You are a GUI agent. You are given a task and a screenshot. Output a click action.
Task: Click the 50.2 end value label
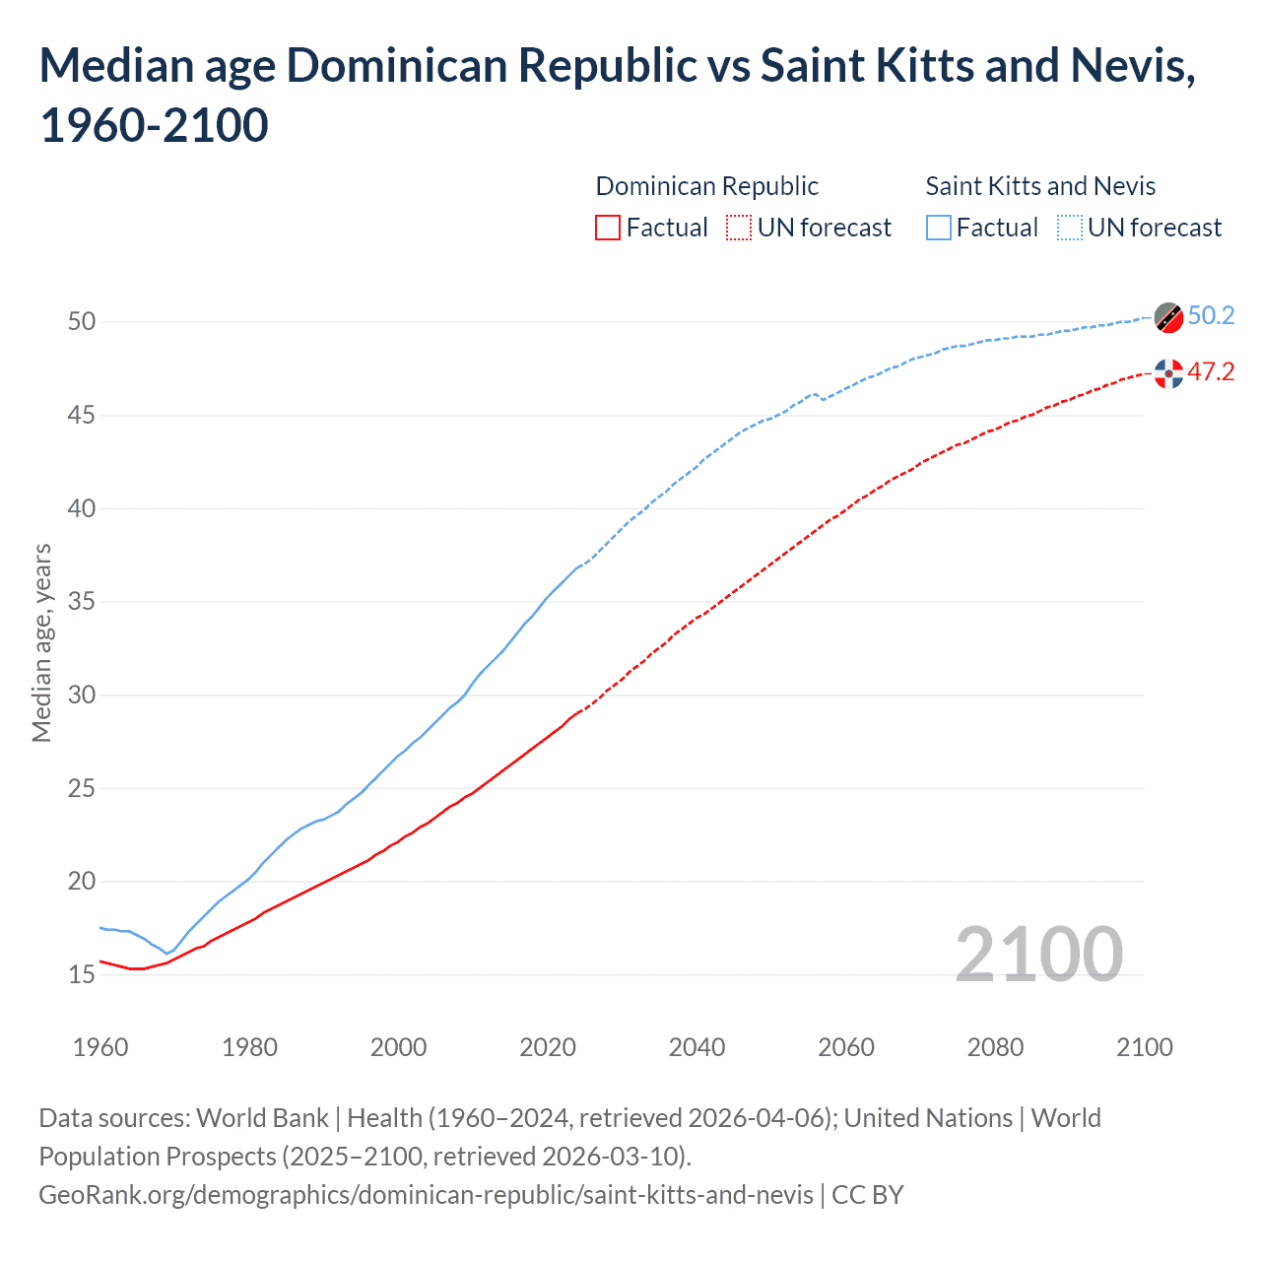tap(1211, 315)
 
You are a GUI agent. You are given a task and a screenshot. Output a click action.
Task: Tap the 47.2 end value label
tap(1211, 371)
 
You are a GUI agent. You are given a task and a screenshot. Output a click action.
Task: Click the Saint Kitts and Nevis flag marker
tap(1168, 317)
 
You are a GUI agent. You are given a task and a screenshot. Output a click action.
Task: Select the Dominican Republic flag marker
tap(1168, 373)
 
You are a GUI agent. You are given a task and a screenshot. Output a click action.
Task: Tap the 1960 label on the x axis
tap(100, 1047)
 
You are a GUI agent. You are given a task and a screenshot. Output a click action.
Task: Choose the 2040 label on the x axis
tap(697, 1047)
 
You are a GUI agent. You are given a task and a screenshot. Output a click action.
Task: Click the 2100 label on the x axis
tap(1144, 1047)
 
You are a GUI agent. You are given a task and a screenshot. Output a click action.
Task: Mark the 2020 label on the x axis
tap(548, 1047)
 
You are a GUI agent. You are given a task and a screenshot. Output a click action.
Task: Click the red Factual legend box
tap(608, 228)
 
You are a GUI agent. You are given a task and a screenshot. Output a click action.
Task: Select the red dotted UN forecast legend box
tap(739, 228)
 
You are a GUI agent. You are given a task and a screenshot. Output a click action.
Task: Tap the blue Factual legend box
tap(939, 228)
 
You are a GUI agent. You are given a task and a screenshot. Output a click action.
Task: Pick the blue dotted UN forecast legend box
tap(1069, 228)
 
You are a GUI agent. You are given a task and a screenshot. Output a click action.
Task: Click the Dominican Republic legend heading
tap(706, 186)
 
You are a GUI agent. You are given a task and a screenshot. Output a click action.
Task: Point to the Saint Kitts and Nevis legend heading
tap(1040, 186)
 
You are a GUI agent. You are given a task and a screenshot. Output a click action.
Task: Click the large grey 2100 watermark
tap(1038, 954)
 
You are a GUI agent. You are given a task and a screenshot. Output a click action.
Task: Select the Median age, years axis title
tap(41, 642)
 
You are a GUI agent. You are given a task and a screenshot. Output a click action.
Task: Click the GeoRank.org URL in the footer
tap(426, 1195)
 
